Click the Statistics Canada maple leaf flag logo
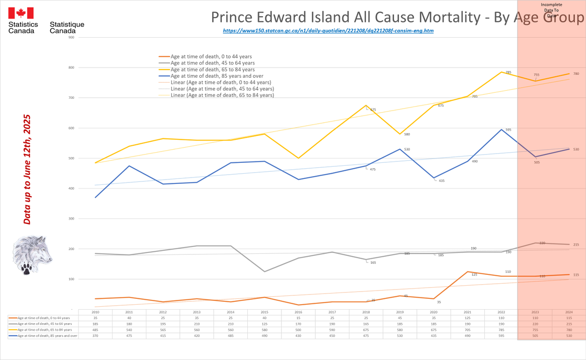21,13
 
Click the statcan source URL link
328,30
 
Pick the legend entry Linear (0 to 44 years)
220,83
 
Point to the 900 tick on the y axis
71,37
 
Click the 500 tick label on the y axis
71,158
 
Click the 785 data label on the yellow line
508,72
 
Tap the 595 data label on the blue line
508,130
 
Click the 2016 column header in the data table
299,312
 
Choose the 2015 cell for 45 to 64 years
264,324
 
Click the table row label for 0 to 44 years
44,318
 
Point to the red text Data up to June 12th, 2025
27,170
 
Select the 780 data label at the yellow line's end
576,74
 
